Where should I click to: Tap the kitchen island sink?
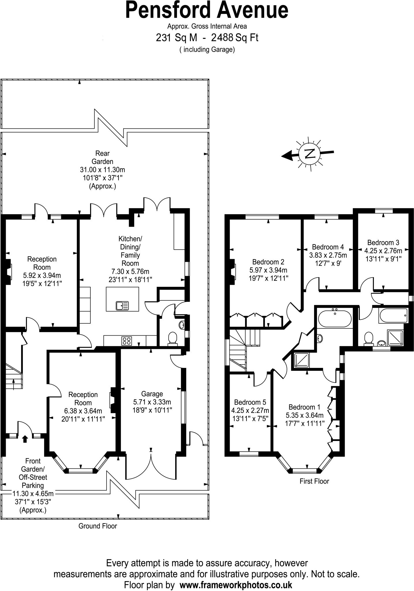[122, 305]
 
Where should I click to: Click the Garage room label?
[152, 394]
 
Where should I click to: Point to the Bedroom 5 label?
[250, 402]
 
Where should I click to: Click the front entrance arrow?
[25, 439]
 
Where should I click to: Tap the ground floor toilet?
[173, 338]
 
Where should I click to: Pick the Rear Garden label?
[102, 158]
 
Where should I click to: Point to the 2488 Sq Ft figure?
[235, 38]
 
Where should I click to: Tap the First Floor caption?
[314, 481]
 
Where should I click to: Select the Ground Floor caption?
[98, 526]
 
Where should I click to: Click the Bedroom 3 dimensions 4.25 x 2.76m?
[383, 251]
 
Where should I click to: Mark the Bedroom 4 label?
[328, 247]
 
